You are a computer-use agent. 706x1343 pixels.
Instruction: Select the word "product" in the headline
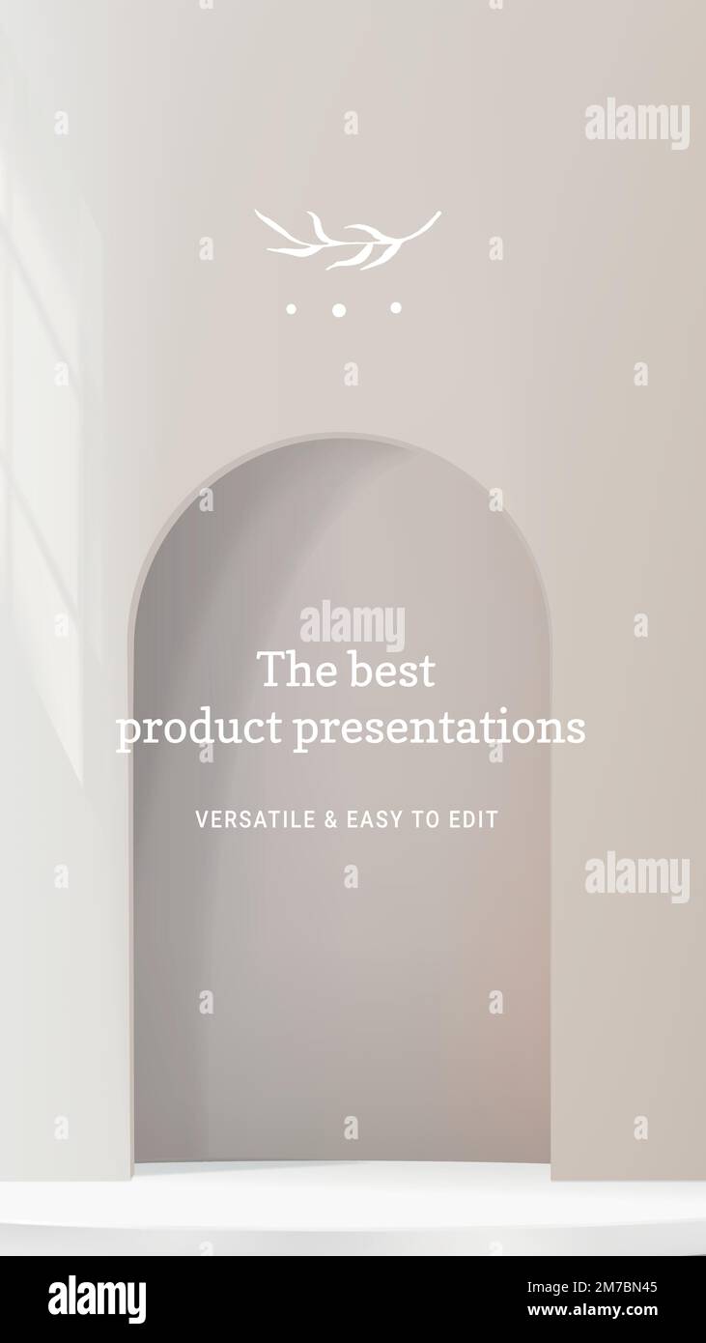pyautogui.click(x=199, y=729)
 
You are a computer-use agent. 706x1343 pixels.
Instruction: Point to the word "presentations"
pyautogui.click(x=439, y=729)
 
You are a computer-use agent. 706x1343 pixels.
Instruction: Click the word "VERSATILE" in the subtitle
pyautogui.click(x=255, y=820)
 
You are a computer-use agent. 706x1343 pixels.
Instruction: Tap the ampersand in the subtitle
pyautogui.click(x=330, y=820)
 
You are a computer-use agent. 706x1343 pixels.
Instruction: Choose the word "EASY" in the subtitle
pyautogui.click(x=374, y=820)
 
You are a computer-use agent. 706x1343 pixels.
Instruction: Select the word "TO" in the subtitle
pyautogui.click(x=425, y=820)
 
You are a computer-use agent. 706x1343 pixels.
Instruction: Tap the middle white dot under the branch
pyautogui.click(x=339, y=310)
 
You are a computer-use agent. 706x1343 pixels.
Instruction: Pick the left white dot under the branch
pyautogui.click(x=291, y=309)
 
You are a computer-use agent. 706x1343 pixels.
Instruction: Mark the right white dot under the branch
pyautogui.click(x=396, y=307)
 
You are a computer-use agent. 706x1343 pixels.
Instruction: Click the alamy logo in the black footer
pyautogui.click(x=98, y=1300)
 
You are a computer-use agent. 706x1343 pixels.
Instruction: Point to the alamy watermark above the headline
pyautogui.click(x=353, y=625)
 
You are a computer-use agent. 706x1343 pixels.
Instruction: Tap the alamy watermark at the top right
pyautogui.click(x=636, y=124)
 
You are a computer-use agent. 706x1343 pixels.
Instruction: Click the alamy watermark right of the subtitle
pyautogui.click(x=636, y=877)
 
